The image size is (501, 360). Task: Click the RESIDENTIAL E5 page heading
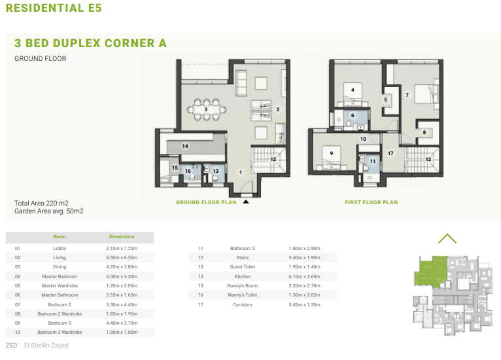54,8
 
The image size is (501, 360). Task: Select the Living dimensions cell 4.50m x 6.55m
122,257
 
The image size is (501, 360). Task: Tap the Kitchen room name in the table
243,277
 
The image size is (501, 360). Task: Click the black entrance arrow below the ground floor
246,202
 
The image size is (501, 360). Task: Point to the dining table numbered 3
207,109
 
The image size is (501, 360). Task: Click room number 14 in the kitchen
185,146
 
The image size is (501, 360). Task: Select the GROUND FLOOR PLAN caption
206,202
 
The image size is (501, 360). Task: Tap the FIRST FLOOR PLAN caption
371,202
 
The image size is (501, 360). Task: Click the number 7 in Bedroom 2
407,95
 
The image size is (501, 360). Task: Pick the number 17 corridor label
390,153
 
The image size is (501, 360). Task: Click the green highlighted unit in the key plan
430,271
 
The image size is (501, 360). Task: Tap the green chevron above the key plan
447,238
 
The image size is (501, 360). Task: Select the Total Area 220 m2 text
41,203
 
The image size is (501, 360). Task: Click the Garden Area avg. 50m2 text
49,211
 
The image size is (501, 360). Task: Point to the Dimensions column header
122,236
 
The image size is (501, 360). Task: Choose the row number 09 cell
18,323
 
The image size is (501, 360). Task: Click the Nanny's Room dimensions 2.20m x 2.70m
305,285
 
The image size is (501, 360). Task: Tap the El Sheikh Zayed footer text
46,346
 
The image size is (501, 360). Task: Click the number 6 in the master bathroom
353,115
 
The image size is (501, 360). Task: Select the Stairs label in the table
243,257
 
